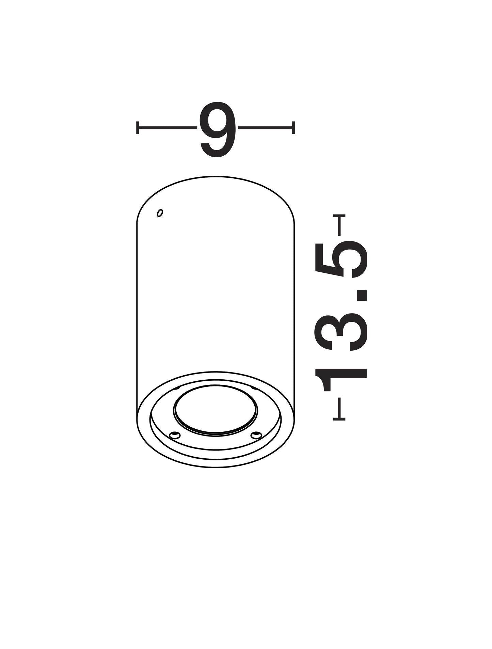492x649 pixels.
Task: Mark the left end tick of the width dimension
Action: (137, 128)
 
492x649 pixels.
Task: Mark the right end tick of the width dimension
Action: (293, 128)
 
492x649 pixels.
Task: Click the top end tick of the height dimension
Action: (339, 216)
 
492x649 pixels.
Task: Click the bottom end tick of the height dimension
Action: (339, 419)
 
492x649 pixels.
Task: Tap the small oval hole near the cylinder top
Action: (160, 213)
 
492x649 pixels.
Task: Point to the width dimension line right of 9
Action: (265, 128)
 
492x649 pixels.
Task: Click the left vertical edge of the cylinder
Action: (137, 306)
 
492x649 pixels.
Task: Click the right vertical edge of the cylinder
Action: (295, 306)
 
